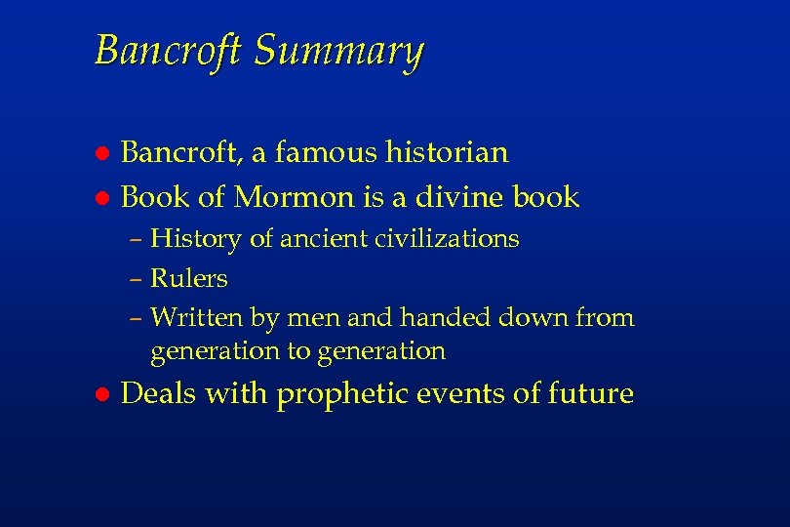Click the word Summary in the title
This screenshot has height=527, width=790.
[338, 51]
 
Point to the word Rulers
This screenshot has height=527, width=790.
[189, 279]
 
